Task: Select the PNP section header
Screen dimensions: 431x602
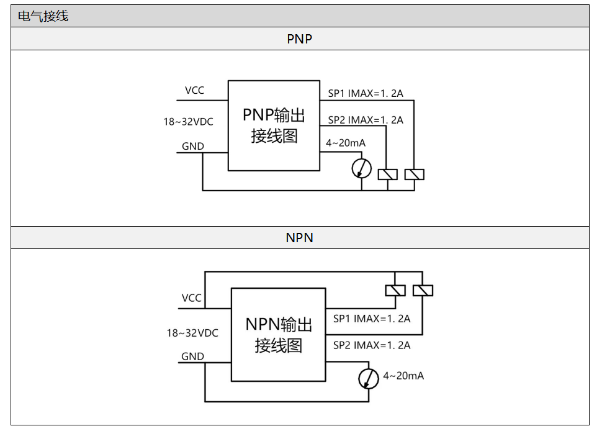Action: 299,39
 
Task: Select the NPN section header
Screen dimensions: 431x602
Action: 299,238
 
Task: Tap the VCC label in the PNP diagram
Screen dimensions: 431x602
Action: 194,91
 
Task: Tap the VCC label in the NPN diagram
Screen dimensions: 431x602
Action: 192,298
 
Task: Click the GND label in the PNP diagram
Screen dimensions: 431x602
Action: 193,147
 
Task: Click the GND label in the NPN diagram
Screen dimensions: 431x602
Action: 192,356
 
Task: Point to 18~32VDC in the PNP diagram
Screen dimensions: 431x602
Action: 188,122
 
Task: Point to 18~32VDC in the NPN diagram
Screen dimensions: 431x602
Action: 192,333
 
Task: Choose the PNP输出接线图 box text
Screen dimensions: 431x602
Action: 274,125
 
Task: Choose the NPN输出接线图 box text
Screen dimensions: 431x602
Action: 278,335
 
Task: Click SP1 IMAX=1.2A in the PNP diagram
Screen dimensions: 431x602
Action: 366,94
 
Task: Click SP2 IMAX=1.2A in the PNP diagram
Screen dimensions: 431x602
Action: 366,120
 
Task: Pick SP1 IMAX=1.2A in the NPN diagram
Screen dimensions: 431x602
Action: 372,319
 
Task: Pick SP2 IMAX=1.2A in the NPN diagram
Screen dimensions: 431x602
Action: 372,345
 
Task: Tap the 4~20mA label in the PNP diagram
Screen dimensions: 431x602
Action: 346,143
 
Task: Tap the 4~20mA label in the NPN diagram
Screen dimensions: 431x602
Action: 403,376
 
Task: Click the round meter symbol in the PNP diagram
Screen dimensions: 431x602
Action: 361,168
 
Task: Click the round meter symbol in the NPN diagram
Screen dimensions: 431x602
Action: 369,379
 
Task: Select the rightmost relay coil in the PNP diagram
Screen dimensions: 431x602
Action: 414,175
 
